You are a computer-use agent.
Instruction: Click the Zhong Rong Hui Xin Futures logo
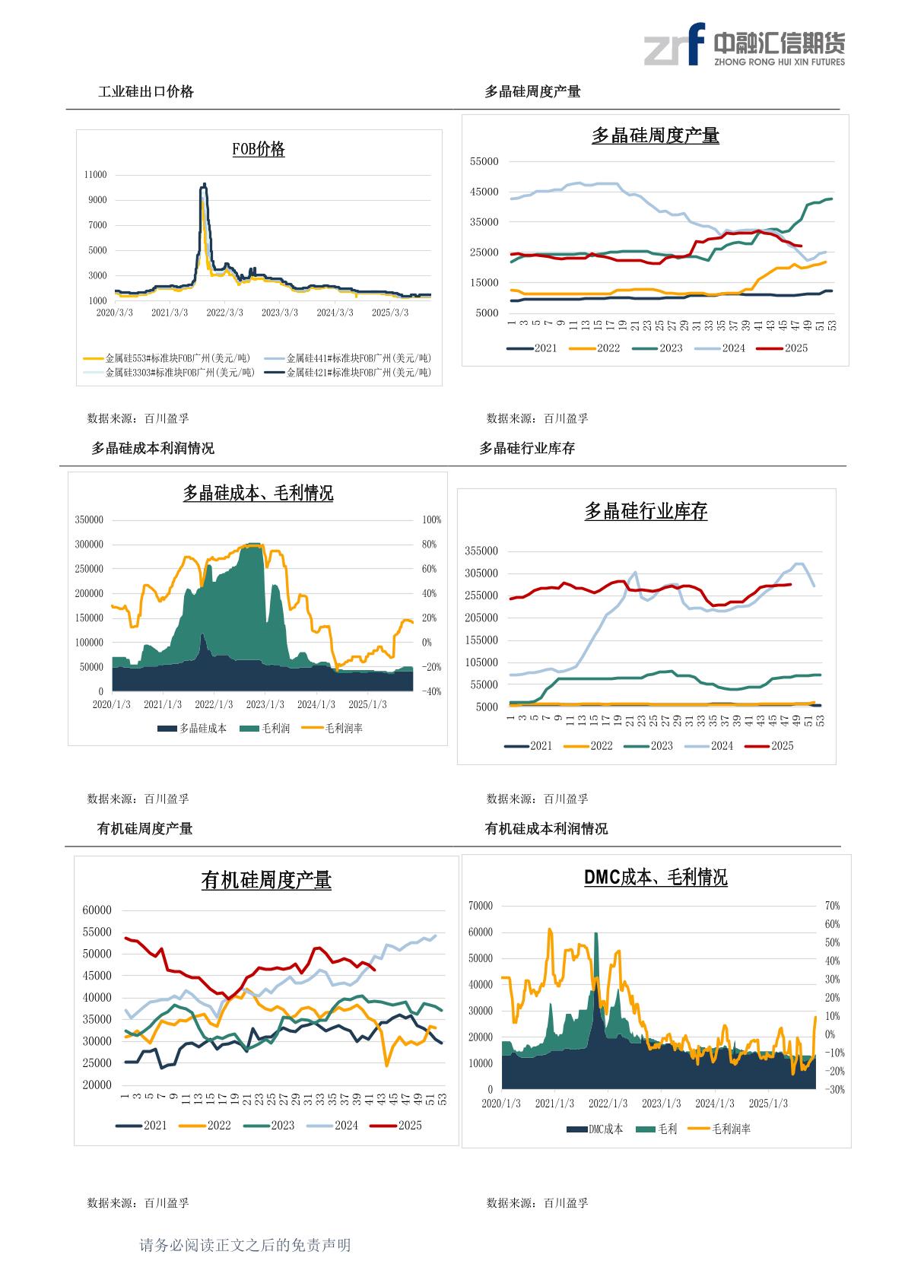tap(744, 45)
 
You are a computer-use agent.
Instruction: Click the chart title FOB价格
tap(259, 149)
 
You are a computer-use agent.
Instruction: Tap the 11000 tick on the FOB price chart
tap(96, 175)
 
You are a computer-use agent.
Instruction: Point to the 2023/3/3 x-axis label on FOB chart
tap(280, 313)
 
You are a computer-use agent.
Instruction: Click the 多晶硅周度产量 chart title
tap(655, 136)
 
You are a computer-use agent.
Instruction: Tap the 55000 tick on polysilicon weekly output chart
tap(484, 161)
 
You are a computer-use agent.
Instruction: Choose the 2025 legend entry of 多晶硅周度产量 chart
tap(786, 348)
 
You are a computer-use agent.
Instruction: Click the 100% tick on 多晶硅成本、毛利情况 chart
tap(432, 520)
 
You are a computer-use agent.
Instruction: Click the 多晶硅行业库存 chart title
tap(646, 512)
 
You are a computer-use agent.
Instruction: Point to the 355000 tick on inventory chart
tap(481, 551)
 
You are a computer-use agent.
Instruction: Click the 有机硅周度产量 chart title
tap(266, 881)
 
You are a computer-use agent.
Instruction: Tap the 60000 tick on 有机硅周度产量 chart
tap(97, 910)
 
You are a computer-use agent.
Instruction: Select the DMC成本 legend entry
tap(595, 1129)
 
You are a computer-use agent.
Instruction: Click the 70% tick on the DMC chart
tap(832, 906)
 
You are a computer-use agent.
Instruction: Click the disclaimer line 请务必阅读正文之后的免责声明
tap(245, 1245)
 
